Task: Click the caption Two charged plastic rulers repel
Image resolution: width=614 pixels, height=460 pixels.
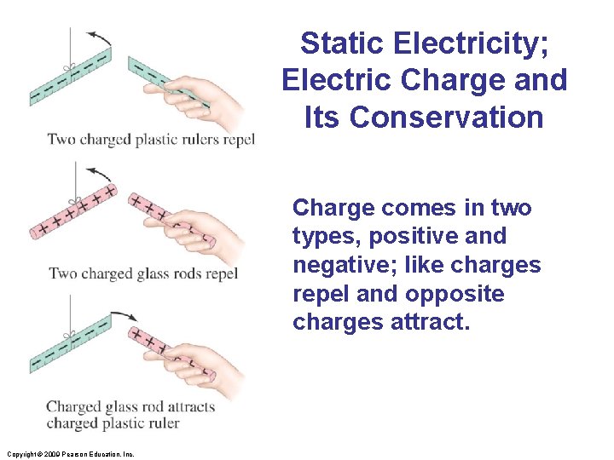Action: [150, 140]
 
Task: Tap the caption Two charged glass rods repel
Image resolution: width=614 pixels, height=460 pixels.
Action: [142, 273]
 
